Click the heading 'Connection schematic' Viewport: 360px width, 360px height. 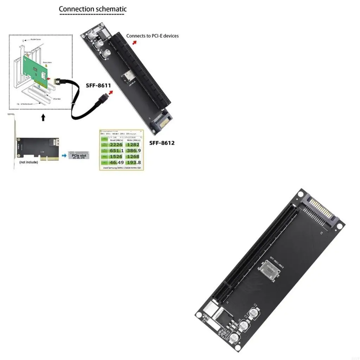92,9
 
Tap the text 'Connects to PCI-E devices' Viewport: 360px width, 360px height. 152,36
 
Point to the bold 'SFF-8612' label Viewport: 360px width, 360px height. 162,143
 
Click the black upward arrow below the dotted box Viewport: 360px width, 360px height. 43,117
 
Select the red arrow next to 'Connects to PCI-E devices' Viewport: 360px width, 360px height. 135,42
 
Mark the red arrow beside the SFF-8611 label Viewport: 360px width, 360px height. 111,92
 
